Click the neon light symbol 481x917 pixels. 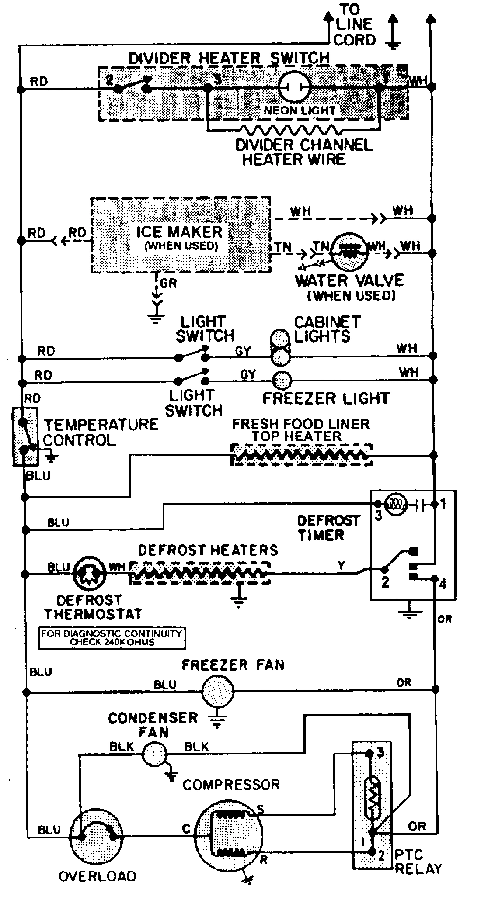click(294, 86)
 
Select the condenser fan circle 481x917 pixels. click(155, 754)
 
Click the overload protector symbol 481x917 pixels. click(97, 836)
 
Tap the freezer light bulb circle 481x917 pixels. click(280, 380)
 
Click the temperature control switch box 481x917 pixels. click(25, 436)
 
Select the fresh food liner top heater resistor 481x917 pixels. click(301, 456)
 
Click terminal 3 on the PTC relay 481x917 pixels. click(369, 753)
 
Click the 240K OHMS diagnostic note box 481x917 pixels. click(112, 638)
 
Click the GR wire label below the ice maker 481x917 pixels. click(168, 283)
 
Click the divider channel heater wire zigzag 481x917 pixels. click(291, 130)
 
